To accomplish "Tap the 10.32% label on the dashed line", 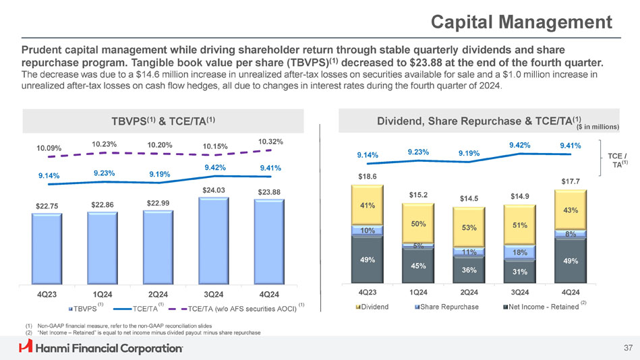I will [270, 142].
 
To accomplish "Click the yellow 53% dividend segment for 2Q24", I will [469, 227].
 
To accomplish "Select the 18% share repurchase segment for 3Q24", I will [520, 252].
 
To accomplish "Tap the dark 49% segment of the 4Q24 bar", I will [571, 260].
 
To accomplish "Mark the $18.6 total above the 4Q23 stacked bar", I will [368, 176].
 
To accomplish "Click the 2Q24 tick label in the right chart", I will [469, 292].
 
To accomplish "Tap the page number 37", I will [627, 348].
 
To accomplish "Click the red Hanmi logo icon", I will [26, 347].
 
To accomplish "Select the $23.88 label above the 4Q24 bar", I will [269, 192].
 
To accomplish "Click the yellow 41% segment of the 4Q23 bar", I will [368, 205].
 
